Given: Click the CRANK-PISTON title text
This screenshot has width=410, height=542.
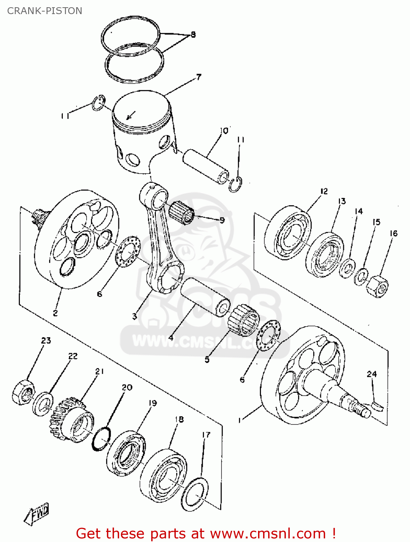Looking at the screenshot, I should (x=45, y=11).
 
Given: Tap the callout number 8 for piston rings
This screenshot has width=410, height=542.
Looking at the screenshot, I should (x=193, y=35).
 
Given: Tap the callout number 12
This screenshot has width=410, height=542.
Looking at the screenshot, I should (x=324, y=191).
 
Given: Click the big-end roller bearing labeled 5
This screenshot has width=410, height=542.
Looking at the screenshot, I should (x=244, y=318).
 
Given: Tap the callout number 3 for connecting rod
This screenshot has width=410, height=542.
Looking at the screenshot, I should (x=134, y=317).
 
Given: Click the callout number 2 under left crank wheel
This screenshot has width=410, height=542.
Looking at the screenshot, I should (x=55, y=313).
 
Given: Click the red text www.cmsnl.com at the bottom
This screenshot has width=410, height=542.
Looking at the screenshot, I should (x=268, y=533).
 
